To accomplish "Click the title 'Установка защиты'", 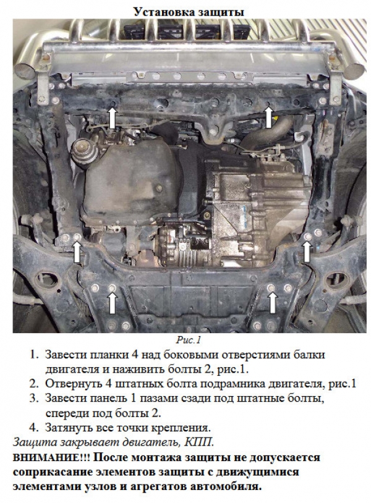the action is pos(189,12).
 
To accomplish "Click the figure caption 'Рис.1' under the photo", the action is pos(189,340).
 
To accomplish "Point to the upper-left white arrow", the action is pos(111,118).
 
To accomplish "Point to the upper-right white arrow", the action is pos(268,117).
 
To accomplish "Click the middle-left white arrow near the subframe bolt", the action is pos(77,252).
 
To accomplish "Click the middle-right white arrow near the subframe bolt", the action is pos(307,251).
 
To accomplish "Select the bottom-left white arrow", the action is pos(112,303).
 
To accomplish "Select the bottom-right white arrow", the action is pos(273,303).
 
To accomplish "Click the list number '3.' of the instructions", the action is pos(33,399).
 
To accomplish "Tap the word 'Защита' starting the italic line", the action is pos(31,442).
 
